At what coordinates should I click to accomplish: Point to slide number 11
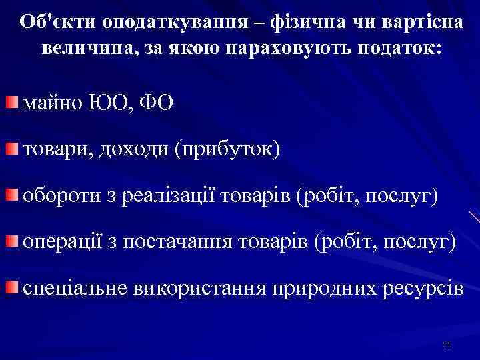pos(446,344)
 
